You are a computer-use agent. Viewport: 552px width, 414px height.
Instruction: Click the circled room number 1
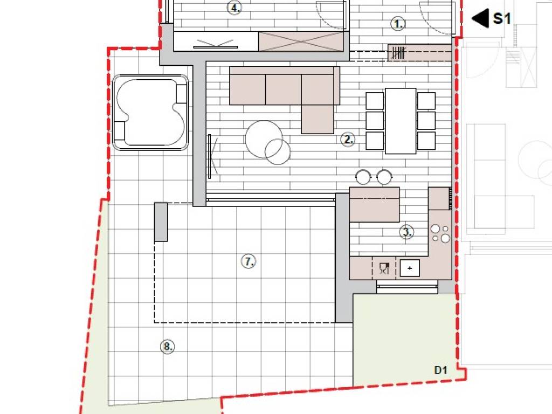tap(398, 24)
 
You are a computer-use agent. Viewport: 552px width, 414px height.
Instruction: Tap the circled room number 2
tap(348, 140)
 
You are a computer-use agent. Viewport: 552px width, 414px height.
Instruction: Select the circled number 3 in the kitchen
tap(406, 232)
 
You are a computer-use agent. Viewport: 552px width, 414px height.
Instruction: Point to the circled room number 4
tap(234, 8)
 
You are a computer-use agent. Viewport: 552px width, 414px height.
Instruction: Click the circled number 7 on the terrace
tap(249, 261)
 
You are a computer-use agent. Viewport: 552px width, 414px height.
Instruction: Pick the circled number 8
tap(168, 347)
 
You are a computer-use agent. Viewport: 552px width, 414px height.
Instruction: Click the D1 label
tap(441, 370)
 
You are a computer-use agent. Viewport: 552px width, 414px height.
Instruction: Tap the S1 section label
tap(502, 18)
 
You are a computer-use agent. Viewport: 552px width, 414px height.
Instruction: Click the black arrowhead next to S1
tap(480, 18)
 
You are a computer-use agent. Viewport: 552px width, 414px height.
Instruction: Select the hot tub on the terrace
tap(151, 112)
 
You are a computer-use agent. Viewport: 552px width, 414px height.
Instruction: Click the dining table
tap(401, 121)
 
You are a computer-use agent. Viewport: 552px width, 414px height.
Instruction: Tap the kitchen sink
tap(410, 268)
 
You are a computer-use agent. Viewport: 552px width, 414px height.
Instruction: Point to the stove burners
tap(440, 233)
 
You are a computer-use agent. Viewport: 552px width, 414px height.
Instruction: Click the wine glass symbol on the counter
tap(384, 268)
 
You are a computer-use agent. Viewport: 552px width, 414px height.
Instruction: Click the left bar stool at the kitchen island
tap(363, 177)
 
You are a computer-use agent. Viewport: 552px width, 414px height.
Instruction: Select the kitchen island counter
tap(374, 204)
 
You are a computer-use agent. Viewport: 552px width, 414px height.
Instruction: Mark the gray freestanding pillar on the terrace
tap(161, 222)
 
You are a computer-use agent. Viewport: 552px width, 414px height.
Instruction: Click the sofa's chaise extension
tap(318, 119)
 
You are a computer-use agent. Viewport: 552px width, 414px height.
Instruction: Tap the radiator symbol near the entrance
tap(398, 53)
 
